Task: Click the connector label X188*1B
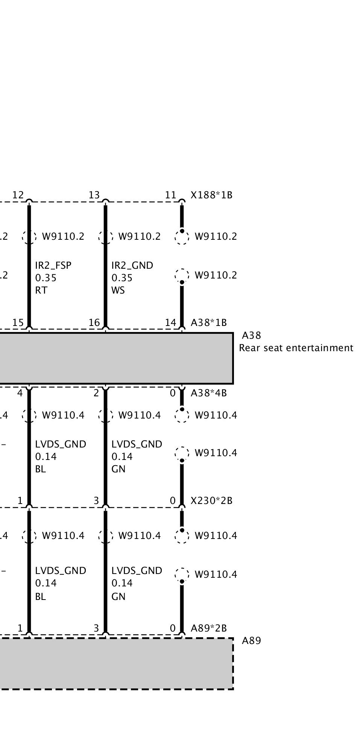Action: (x=211, y=195)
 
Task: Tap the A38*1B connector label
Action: (x=209, y=323)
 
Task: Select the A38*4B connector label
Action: (x=209, y=393)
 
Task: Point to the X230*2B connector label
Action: (x=211, y=501)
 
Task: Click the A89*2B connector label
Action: (x=209, y=628)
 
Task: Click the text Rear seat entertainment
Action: (x=296, y=348)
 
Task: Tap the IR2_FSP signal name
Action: (x=53, y=265)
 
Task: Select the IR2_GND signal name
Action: (x=132, y=265)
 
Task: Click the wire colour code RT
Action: (x=41, y=290)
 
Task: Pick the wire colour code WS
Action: (x=118, y=290)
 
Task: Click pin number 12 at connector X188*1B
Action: (x=18, y=195)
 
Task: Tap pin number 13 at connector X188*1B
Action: (x=94, y=195)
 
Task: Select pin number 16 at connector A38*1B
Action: (x=94, y=323)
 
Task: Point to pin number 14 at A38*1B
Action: (x=170, y=323)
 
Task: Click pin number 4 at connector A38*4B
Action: (x=20, y=393)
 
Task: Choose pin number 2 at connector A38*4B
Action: (x=96, y=393)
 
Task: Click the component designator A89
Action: (x=251, y=641)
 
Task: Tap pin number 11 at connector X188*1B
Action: (x=170, y=195)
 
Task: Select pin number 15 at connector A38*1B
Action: (x=18, y=323)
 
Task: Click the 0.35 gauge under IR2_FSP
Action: (x=46, y=278)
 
